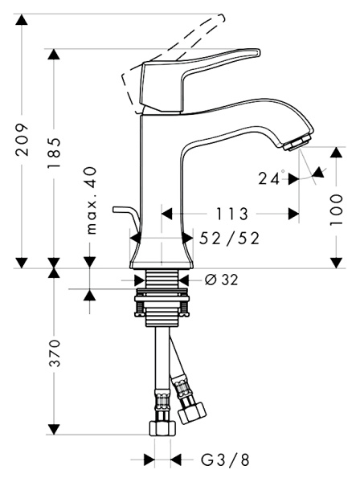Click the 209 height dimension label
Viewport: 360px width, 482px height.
click(22, 140)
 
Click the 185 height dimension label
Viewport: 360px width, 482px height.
click(54, 153)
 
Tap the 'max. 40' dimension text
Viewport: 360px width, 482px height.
click(90, 200)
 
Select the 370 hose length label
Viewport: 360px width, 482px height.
click(55, 353)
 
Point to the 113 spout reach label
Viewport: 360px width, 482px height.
click(231, 214)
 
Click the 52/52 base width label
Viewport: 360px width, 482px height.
click(229, 239)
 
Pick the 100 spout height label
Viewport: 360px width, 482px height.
click(336, 210)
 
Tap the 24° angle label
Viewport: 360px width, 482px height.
click(271, 178)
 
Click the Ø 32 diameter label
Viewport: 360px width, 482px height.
click(221, 280)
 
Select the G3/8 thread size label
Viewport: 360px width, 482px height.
click(225, 460)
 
